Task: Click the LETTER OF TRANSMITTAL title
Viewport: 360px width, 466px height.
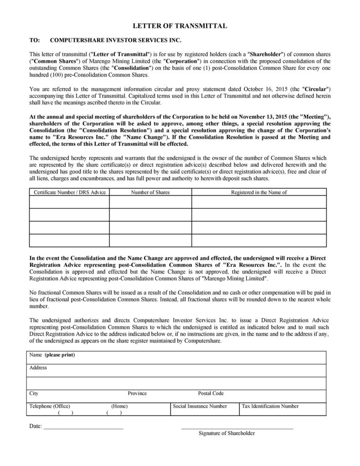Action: [x=180, y=26]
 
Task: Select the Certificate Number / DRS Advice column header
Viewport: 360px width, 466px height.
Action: [x=70, y=192]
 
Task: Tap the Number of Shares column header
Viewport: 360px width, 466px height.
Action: [x=150, y=192]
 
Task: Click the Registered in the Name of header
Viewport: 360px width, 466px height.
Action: [x=259, y=192]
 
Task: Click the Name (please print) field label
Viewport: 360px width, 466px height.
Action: [x=52, y=355]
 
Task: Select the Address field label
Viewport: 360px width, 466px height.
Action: [x=38, y=368]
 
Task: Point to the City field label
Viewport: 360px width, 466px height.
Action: [x=34, y=394]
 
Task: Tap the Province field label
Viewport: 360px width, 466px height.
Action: [x=137, y=394]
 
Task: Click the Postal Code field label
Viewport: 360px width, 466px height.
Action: [x=211, y=394]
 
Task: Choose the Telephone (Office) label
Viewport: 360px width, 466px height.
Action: [x=50, y=406]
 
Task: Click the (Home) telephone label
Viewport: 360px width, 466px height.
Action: [x=119, y=406]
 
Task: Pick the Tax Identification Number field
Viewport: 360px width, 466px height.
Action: [x=270, y=406]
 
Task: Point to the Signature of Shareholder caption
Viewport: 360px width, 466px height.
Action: [x=226, y=433]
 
